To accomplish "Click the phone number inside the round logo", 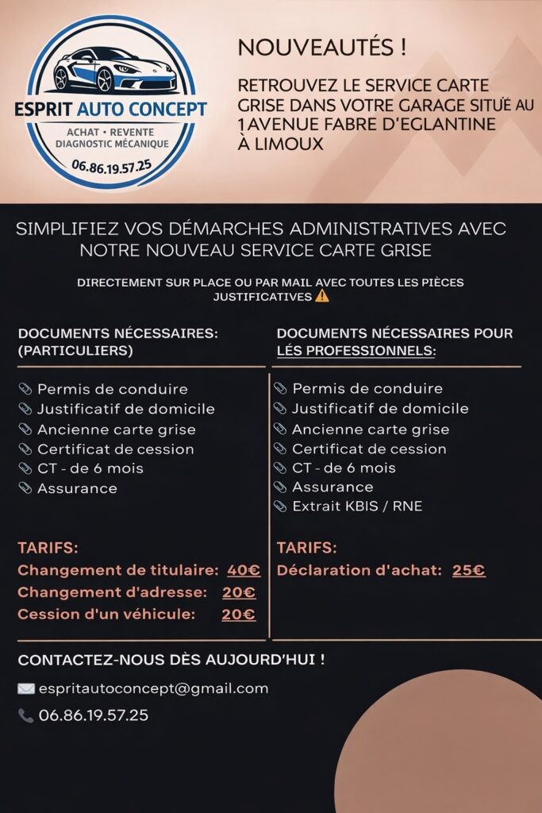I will coord(110,166).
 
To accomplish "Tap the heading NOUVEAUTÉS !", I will coord(321,48).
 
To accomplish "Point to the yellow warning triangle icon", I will coord(321,297).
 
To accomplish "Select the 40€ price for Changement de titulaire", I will coord(244,570).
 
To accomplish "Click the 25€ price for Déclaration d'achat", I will coord(468,570).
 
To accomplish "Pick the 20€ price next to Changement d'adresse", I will coord(238,592).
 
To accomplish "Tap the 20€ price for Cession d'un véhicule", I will coord(238,615).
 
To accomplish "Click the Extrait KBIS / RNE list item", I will coord(356,507).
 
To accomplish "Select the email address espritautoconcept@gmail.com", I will coord(153,689).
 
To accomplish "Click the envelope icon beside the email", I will coord(26,689).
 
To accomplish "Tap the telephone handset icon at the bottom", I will coord(25,716).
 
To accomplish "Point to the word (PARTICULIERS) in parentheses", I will coord(75,351).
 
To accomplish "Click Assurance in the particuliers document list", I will coord(77,488).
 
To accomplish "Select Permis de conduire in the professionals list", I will coord(367,389).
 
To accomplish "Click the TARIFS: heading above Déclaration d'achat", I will coord(306,548).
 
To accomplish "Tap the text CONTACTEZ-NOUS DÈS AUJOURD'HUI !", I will coord(171,661).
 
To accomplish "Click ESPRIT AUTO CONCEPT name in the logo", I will coord(110,109).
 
